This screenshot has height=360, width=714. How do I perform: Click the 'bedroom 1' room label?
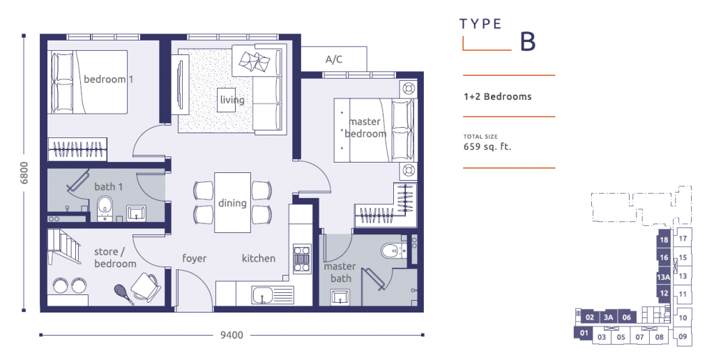108,80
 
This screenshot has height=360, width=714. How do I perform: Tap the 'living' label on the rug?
232,100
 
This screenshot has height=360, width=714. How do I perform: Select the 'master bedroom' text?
365,128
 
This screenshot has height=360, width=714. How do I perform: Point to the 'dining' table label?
232,203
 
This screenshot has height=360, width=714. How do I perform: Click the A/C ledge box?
334,59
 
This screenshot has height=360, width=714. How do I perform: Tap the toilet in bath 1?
105,207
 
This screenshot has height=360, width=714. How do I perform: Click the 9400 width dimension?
231,336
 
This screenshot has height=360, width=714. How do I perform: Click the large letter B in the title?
528,41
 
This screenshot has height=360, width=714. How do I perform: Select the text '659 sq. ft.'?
483,147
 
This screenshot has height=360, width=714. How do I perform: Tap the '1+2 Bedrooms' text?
497,96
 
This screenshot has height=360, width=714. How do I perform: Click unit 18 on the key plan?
663,241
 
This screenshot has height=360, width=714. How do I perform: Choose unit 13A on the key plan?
663,277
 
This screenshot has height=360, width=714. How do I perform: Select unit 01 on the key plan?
582,334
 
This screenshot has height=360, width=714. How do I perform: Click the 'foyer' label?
194,258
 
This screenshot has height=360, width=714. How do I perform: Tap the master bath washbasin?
340,297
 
